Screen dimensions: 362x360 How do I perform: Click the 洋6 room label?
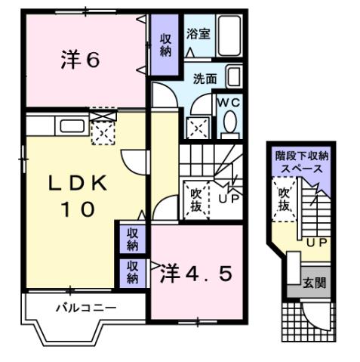(x=79, y=60)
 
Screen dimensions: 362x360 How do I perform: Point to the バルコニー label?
(x=85, y=308)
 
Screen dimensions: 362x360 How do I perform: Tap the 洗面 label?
(x=205, y=78)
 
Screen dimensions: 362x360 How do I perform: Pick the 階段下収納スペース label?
(x=301, y=162)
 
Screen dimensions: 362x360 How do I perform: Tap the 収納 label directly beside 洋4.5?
(x=132, y=271)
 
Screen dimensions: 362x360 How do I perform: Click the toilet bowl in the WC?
(x=229, y=121)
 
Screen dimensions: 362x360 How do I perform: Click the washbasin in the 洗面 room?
(x=234, y=77)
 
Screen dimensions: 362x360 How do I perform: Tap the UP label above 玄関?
(x=316, y=242)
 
